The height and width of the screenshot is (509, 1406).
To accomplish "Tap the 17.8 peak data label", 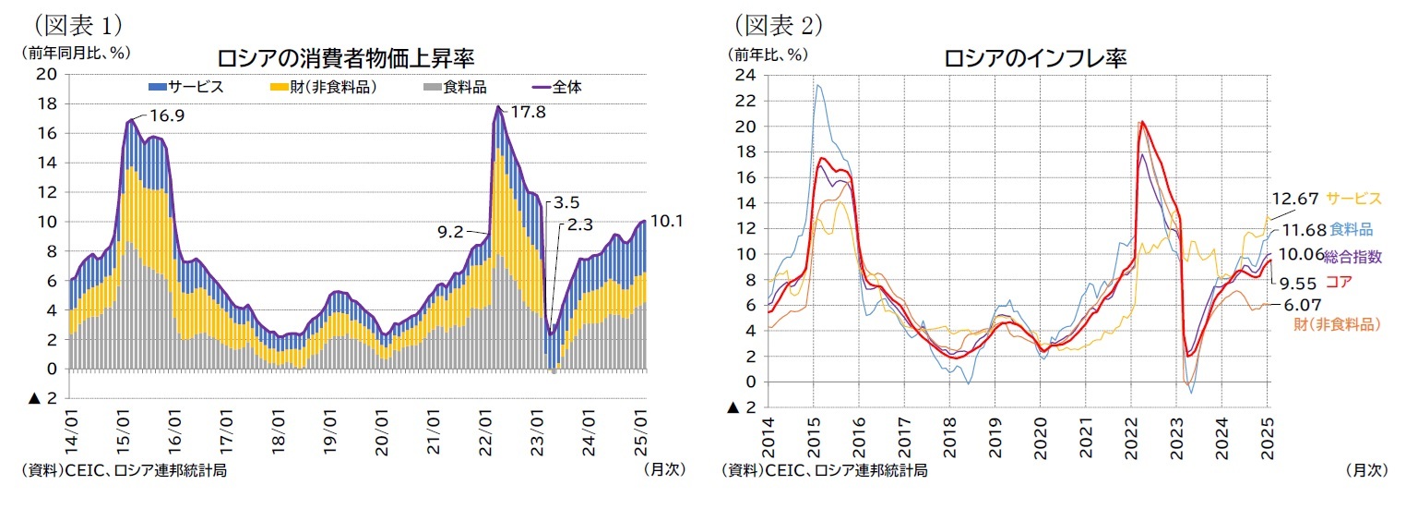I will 527,114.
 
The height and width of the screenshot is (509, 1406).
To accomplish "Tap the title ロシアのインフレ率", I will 1035,58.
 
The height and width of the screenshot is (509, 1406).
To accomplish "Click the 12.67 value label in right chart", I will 1296,198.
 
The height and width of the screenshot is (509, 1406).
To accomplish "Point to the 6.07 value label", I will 1302,304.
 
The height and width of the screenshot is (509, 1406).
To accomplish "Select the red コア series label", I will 1339,283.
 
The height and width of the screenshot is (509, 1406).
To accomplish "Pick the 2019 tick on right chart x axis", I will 995,434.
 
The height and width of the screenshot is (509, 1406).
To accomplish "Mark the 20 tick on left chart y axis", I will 46,75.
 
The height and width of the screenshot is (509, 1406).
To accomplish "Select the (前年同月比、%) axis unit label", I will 74,53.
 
